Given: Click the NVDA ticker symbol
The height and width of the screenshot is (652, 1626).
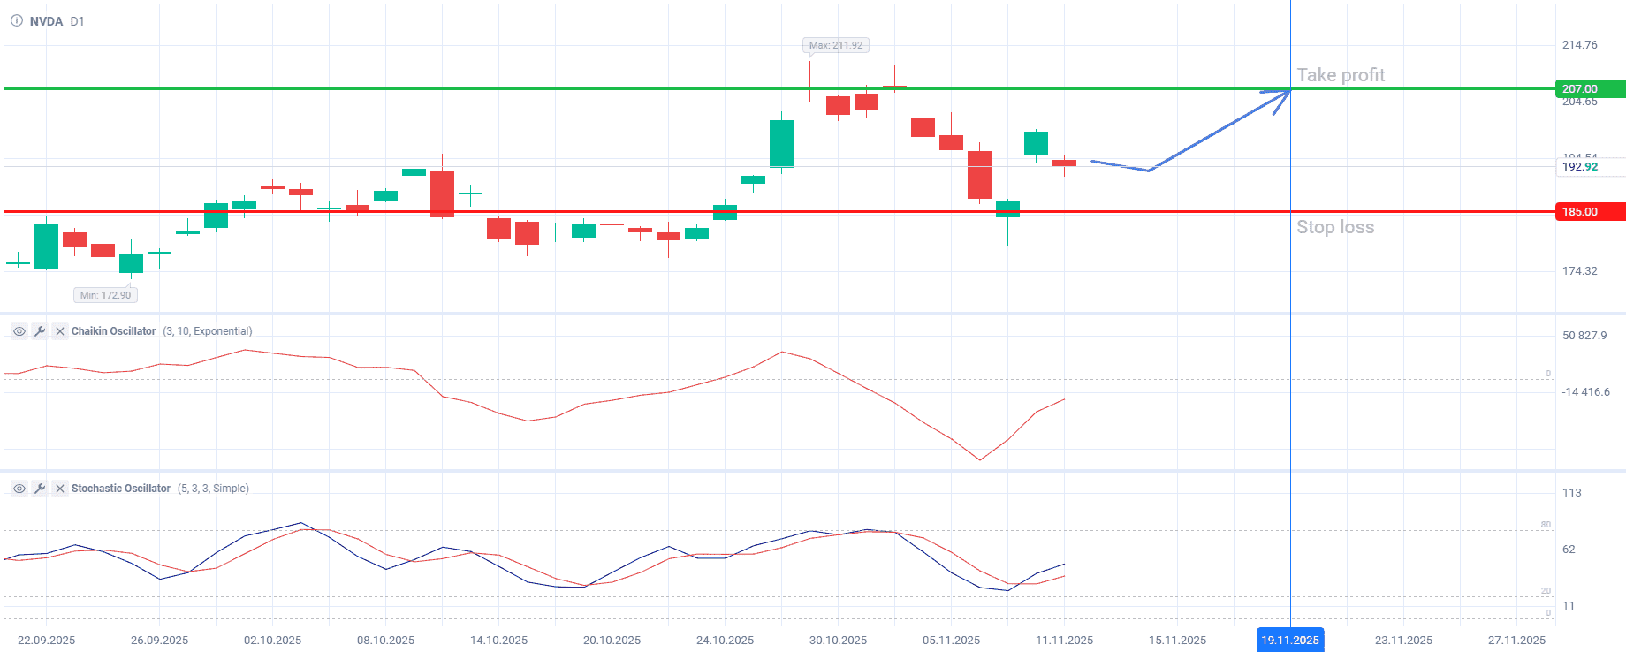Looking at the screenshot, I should coord(46,21).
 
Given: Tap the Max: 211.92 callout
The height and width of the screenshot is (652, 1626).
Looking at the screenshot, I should coord(835,45).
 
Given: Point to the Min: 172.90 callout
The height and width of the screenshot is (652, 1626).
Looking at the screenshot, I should coord(105,295).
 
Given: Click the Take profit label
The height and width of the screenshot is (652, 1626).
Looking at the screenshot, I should coord(1340,75).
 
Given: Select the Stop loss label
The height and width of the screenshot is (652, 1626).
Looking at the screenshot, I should coord(1334,227).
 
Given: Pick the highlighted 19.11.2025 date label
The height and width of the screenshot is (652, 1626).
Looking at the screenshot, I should coord(1289,640).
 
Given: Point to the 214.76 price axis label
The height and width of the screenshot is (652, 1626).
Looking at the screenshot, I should coord(1579,45).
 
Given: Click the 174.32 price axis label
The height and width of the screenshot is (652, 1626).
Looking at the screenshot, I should coord(1579,271).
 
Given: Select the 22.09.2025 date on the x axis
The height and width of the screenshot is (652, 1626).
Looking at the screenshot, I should coord(46,640).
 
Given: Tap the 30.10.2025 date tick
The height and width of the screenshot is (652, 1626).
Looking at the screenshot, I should coord(838,640).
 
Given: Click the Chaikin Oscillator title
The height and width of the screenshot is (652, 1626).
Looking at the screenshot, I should coord(113,331).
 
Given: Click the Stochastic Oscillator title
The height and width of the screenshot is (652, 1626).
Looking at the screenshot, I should coord(120,489).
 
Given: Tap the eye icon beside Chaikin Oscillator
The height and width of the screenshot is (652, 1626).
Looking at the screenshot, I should coord(19,331).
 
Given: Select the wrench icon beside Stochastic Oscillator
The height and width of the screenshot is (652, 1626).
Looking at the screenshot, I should coord(40,489).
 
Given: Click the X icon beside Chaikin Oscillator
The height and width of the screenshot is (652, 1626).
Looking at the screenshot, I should coord(60,331).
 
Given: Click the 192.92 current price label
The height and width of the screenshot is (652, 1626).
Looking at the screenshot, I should coord(1579,167).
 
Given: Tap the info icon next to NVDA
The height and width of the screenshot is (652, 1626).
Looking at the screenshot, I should coord(17,21).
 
